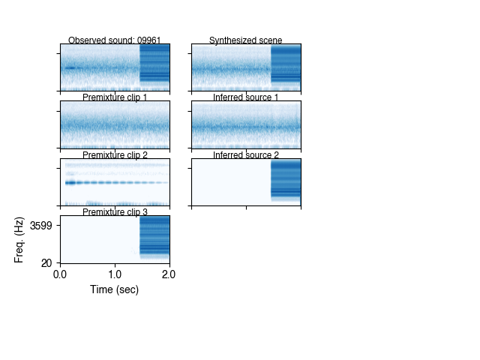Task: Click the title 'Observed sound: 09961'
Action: pos(115,40)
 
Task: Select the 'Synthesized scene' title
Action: pos(246,40)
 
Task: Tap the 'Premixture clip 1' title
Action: pos(115,97)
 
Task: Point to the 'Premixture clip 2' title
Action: pos(115,155)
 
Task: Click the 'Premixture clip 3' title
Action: pos(115,212)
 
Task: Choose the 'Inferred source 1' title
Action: pos(246,97)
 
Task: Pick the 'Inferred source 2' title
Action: pos(246,155)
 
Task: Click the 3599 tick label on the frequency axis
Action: pos(40,225)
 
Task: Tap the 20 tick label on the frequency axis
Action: pos(46,262)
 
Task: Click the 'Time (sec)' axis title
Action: pos(115,289)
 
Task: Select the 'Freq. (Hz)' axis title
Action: pos(19,239)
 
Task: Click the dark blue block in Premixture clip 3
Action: pos(154,237)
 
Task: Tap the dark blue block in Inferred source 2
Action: pos(286,180)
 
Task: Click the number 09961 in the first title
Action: pos(148,40)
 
